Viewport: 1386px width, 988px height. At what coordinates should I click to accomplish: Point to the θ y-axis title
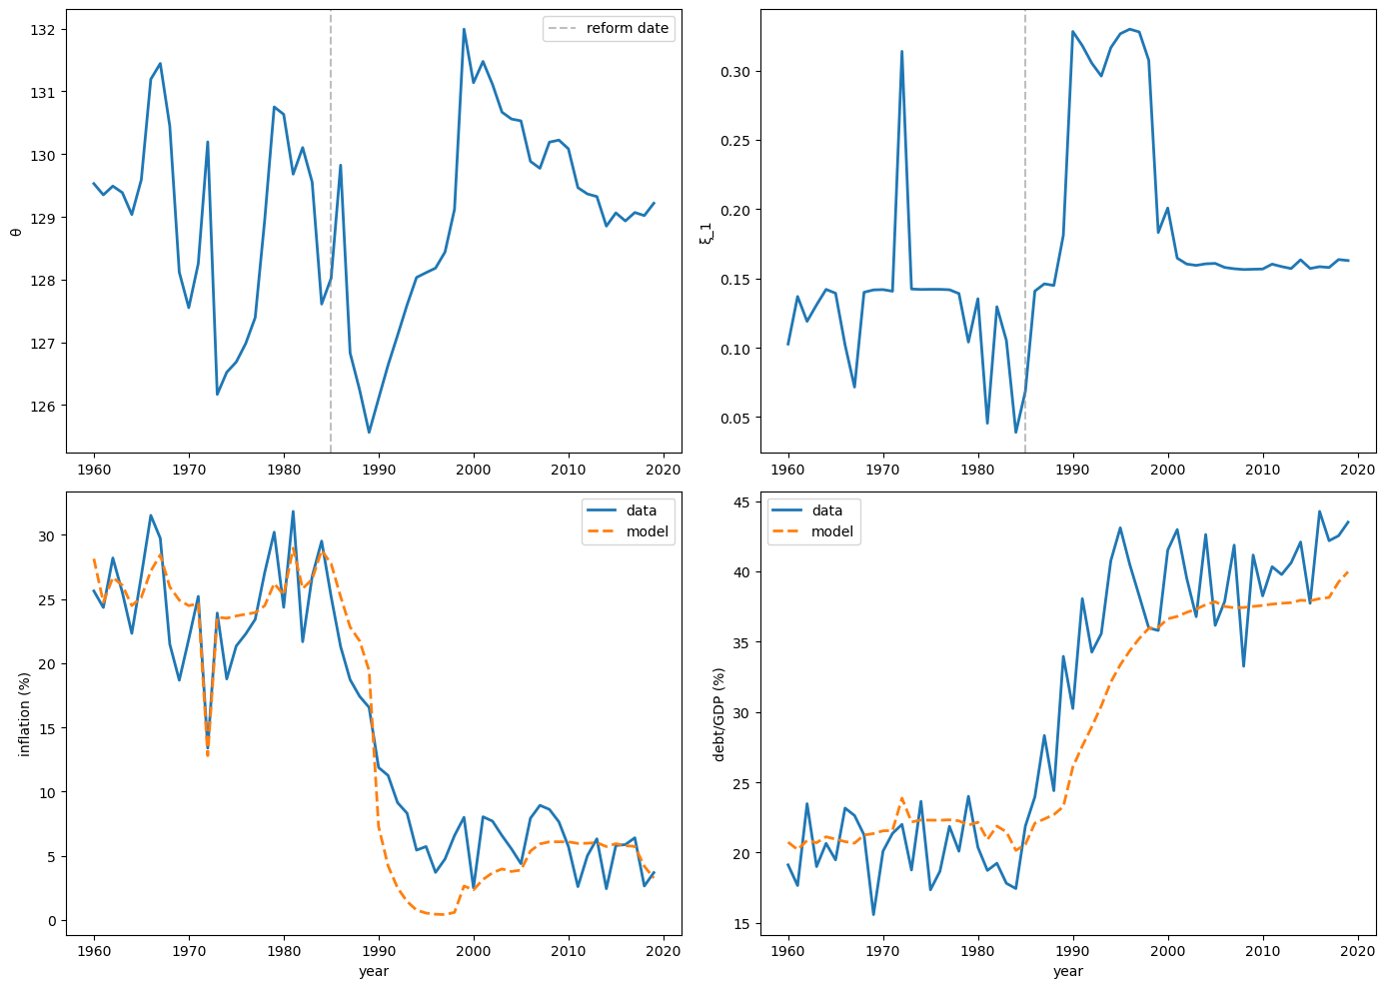point(14,232)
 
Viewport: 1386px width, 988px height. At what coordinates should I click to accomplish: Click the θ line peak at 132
point(464,29)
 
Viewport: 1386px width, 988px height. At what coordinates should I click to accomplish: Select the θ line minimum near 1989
point(369,433)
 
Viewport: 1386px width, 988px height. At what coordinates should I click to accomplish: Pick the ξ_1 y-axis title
point(706,232)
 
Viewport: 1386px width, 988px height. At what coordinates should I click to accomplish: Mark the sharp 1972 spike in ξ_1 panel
point(901,51)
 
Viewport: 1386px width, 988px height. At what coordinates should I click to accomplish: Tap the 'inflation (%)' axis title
point(25,713)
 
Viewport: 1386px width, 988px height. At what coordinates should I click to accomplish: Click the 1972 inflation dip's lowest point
point(208,754)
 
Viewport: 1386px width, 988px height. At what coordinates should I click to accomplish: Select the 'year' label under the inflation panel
point(374,971)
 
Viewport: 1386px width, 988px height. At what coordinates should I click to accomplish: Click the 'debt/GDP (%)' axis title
point(718,713)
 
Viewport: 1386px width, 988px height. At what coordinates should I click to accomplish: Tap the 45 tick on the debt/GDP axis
point(743,501)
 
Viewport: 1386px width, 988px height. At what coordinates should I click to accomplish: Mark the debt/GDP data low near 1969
point(873,914)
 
